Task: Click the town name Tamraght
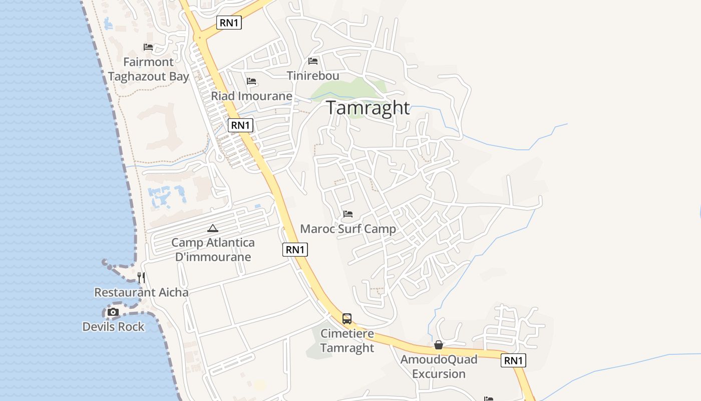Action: point(368,108)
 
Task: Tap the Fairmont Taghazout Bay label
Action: point(148,69)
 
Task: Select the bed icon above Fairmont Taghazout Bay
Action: point(148,47)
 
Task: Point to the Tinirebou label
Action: point(313,76)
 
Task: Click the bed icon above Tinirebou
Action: point(313,61)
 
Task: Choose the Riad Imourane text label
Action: point(251,96)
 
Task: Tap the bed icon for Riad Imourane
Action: point(251,81)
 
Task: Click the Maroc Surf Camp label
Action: point(348,229)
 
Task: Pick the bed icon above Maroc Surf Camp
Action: point(348,215)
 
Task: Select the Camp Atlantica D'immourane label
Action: point(213,250)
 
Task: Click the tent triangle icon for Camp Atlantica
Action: point(213,229)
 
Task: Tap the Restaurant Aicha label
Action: point(141,292)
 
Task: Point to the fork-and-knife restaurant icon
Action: point(141,277)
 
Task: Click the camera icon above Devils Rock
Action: point(113,312)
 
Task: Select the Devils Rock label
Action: point(113,327)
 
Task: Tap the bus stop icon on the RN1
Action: point(346,318)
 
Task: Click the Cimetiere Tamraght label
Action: point(347,341)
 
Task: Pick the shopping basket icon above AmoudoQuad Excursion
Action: point(439,345)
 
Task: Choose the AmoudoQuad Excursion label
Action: point(439,366)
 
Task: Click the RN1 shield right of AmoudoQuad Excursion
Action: point(514,360)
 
